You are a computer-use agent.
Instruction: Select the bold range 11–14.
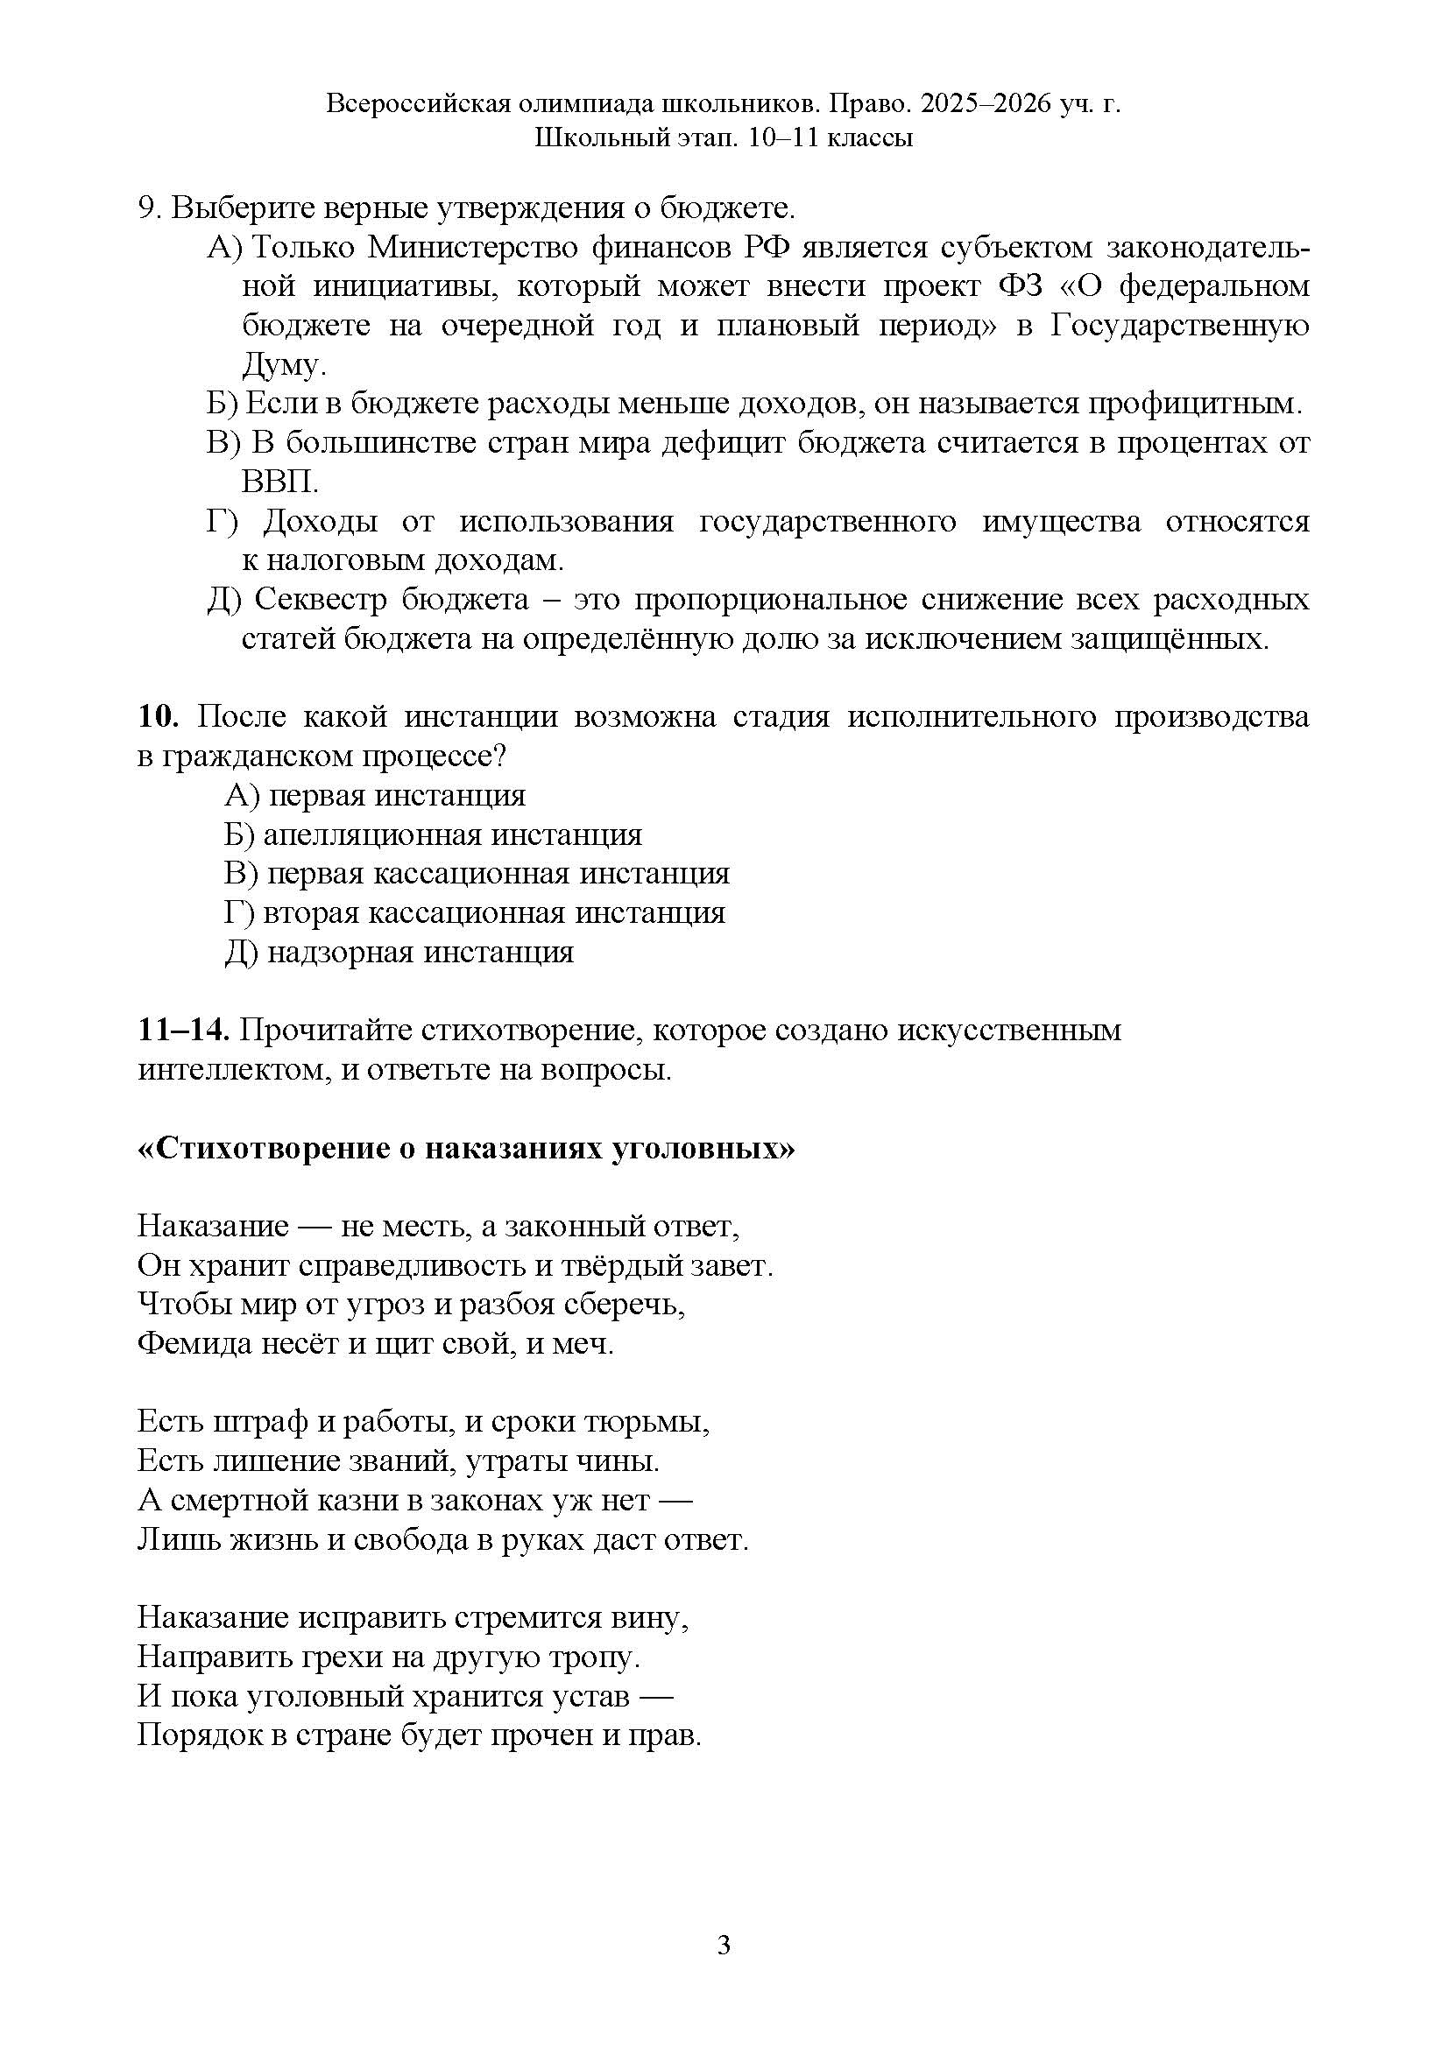tap(184, 1031)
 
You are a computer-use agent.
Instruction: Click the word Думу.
tap(279, 365)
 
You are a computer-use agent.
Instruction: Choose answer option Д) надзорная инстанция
tap(399, 952)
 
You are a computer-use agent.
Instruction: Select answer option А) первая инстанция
tap(375, 795)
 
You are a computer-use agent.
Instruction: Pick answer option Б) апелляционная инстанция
tap(433, 834)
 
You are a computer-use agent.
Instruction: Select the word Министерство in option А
tap(472, 247)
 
